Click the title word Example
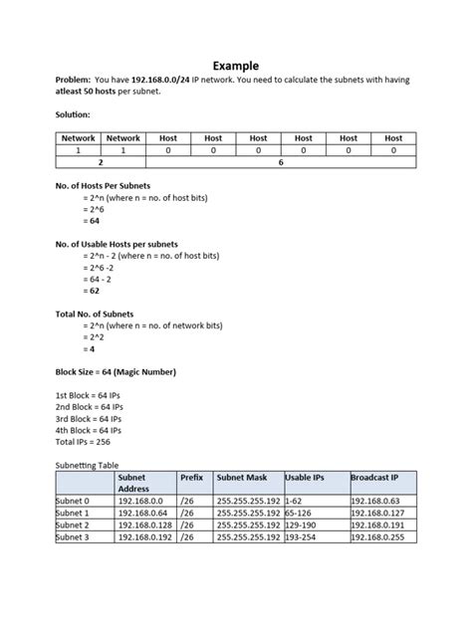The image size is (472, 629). pyautogui.click(x=235, y=66)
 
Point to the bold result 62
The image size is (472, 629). pyautogui.click(x=94, y=292)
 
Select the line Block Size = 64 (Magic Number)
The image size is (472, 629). pyautogui.click(x=116, y=372)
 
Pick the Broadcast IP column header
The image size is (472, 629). pyautogui.click(x=376, y=478)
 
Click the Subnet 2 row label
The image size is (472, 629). pyautogui.click(x=74, y=524)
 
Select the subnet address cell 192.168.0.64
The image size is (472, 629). pyautogui.click(x=142, y=513)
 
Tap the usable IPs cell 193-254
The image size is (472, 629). pyautogui.click(x=302, y=537)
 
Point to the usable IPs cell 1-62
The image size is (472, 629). pyautogui.click(x=295, y=501)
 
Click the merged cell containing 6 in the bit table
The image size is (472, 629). pyautogui.click(x=281, y=160)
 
